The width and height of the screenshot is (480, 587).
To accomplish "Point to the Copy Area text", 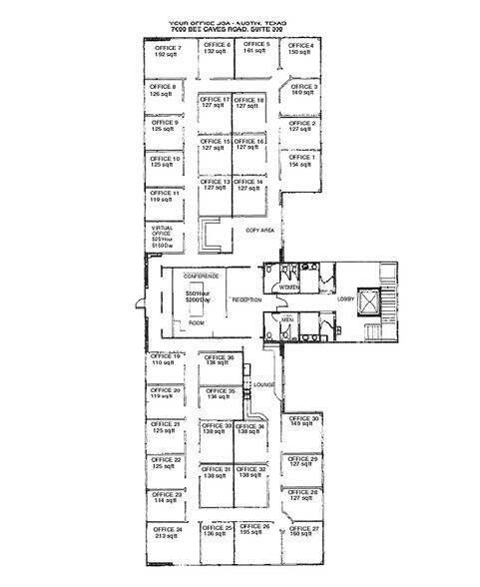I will (x=259, y=230).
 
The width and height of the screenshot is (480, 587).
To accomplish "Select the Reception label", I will (x=247, y=299).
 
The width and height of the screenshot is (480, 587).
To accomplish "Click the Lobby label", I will (x=345, y=297).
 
